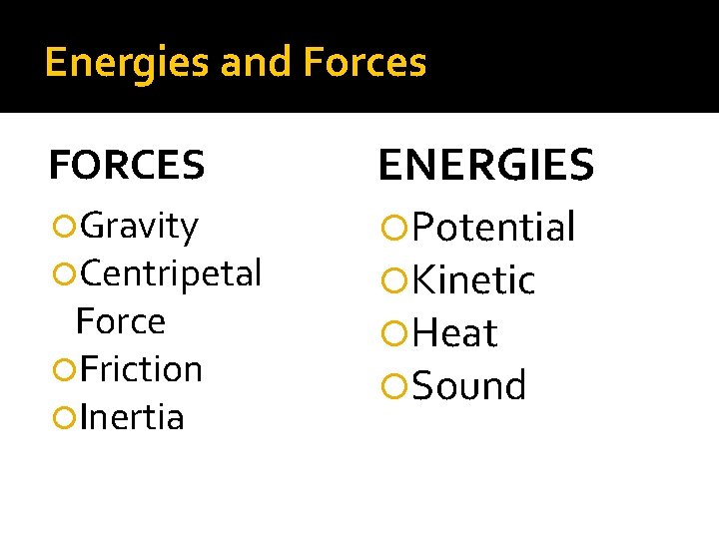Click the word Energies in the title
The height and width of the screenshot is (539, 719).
[127, 63]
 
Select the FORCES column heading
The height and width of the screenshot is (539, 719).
[127, 166]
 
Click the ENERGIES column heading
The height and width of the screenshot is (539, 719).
[485, 165]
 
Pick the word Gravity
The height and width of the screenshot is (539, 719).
[139, 227]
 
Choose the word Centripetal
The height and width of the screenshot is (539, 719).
[171, 272]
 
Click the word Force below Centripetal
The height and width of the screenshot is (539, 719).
[120, 321]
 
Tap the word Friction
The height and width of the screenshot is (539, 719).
[141, 369]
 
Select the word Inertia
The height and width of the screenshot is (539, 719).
[132, 417]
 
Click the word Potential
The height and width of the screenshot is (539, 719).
[493, 228]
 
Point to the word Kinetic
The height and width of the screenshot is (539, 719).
[473, 281]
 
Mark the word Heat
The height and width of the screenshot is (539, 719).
[454, 333]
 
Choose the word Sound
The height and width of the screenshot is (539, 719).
[468, 386]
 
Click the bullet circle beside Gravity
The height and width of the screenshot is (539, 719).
[66, 228]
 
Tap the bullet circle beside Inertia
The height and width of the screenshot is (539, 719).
[66, 418]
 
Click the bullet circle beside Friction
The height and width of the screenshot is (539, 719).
[66, 370]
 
